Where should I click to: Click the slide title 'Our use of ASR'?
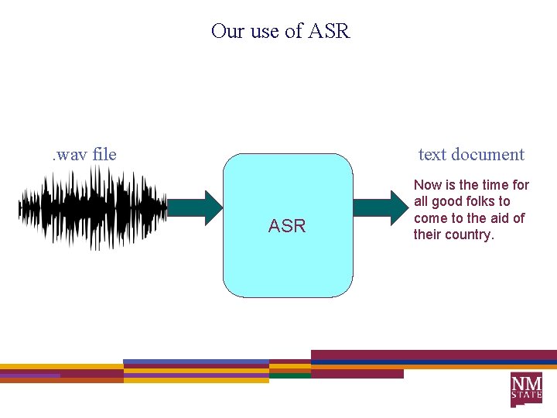(x=280, y=31)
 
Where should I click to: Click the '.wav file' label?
(x=84, y=154)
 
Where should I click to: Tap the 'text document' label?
(x=471, y=154)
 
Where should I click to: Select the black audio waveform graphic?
(x=93, y=207)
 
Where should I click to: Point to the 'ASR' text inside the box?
(x=287, y=226)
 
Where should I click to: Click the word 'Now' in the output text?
(x=428, y=185)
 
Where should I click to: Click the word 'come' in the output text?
(x=431, y=218)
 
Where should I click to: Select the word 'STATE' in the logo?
(x=526, y=395)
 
